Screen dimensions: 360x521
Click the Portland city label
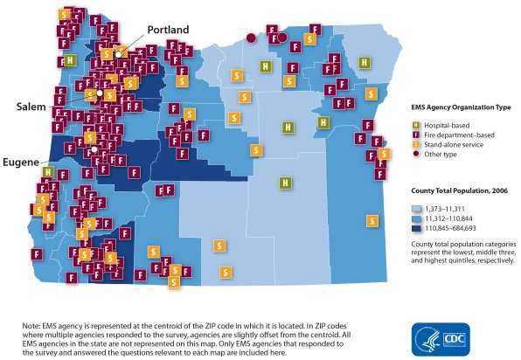(x=167, y=30)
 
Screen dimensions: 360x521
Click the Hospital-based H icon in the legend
(x=416, y=125)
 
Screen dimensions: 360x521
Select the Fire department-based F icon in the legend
(x=416, y=135)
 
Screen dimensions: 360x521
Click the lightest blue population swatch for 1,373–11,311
(x=418, y=209)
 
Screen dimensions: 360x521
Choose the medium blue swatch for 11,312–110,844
(x=418, y=218)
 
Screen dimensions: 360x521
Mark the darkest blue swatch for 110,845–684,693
(x=418, y=228)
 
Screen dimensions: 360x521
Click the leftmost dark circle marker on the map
(x=250, y=38)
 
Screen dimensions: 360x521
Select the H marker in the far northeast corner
(x=365, y=60)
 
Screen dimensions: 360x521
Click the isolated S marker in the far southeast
(x=372, y=219)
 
